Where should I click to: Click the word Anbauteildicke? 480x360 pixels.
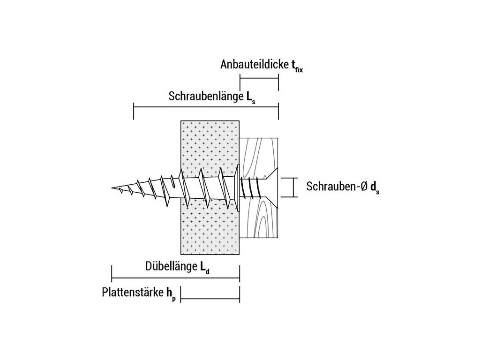[x=251, y=65]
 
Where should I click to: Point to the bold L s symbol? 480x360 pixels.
[x=250, y=97]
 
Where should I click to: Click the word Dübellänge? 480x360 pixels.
[x=171, y=267]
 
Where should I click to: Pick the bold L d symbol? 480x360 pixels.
[x=204, y=268]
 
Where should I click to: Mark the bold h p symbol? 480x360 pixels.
[x=171, y=294]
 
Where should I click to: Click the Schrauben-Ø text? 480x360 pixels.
[x=337, y=187]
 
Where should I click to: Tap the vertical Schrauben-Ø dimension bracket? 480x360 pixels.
[x=294, y=187]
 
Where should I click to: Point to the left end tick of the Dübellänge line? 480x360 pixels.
[x=112, y=273]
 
